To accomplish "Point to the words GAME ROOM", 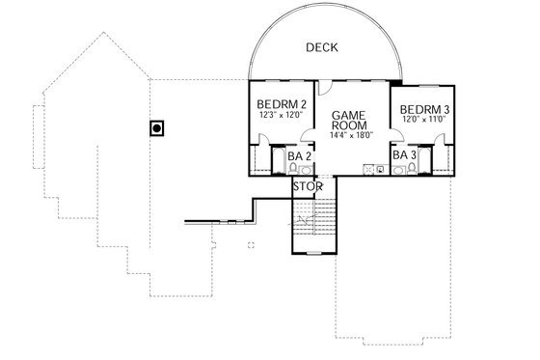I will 347,121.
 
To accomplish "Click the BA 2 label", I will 299,154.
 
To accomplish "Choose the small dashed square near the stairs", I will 249,244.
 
